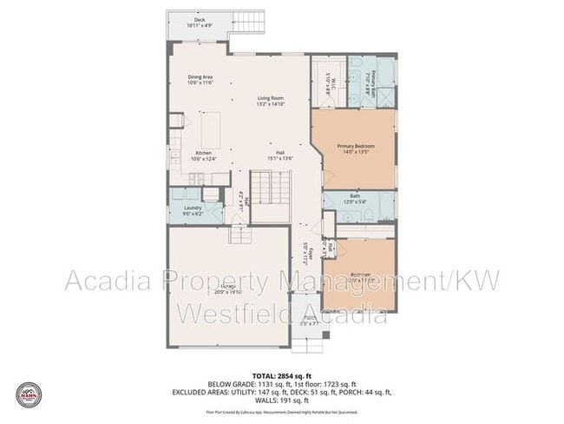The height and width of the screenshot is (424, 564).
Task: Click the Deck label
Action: (200, 22)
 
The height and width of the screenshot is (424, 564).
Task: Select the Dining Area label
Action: (200, 80)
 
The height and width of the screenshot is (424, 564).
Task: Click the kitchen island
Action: (209, 130)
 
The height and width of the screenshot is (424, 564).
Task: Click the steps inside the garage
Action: (240, 235)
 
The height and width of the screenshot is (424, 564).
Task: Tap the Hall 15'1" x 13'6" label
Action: (281, 156)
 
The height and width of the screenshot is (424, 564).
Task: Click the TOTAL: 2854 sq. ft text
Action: (282, 375)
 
